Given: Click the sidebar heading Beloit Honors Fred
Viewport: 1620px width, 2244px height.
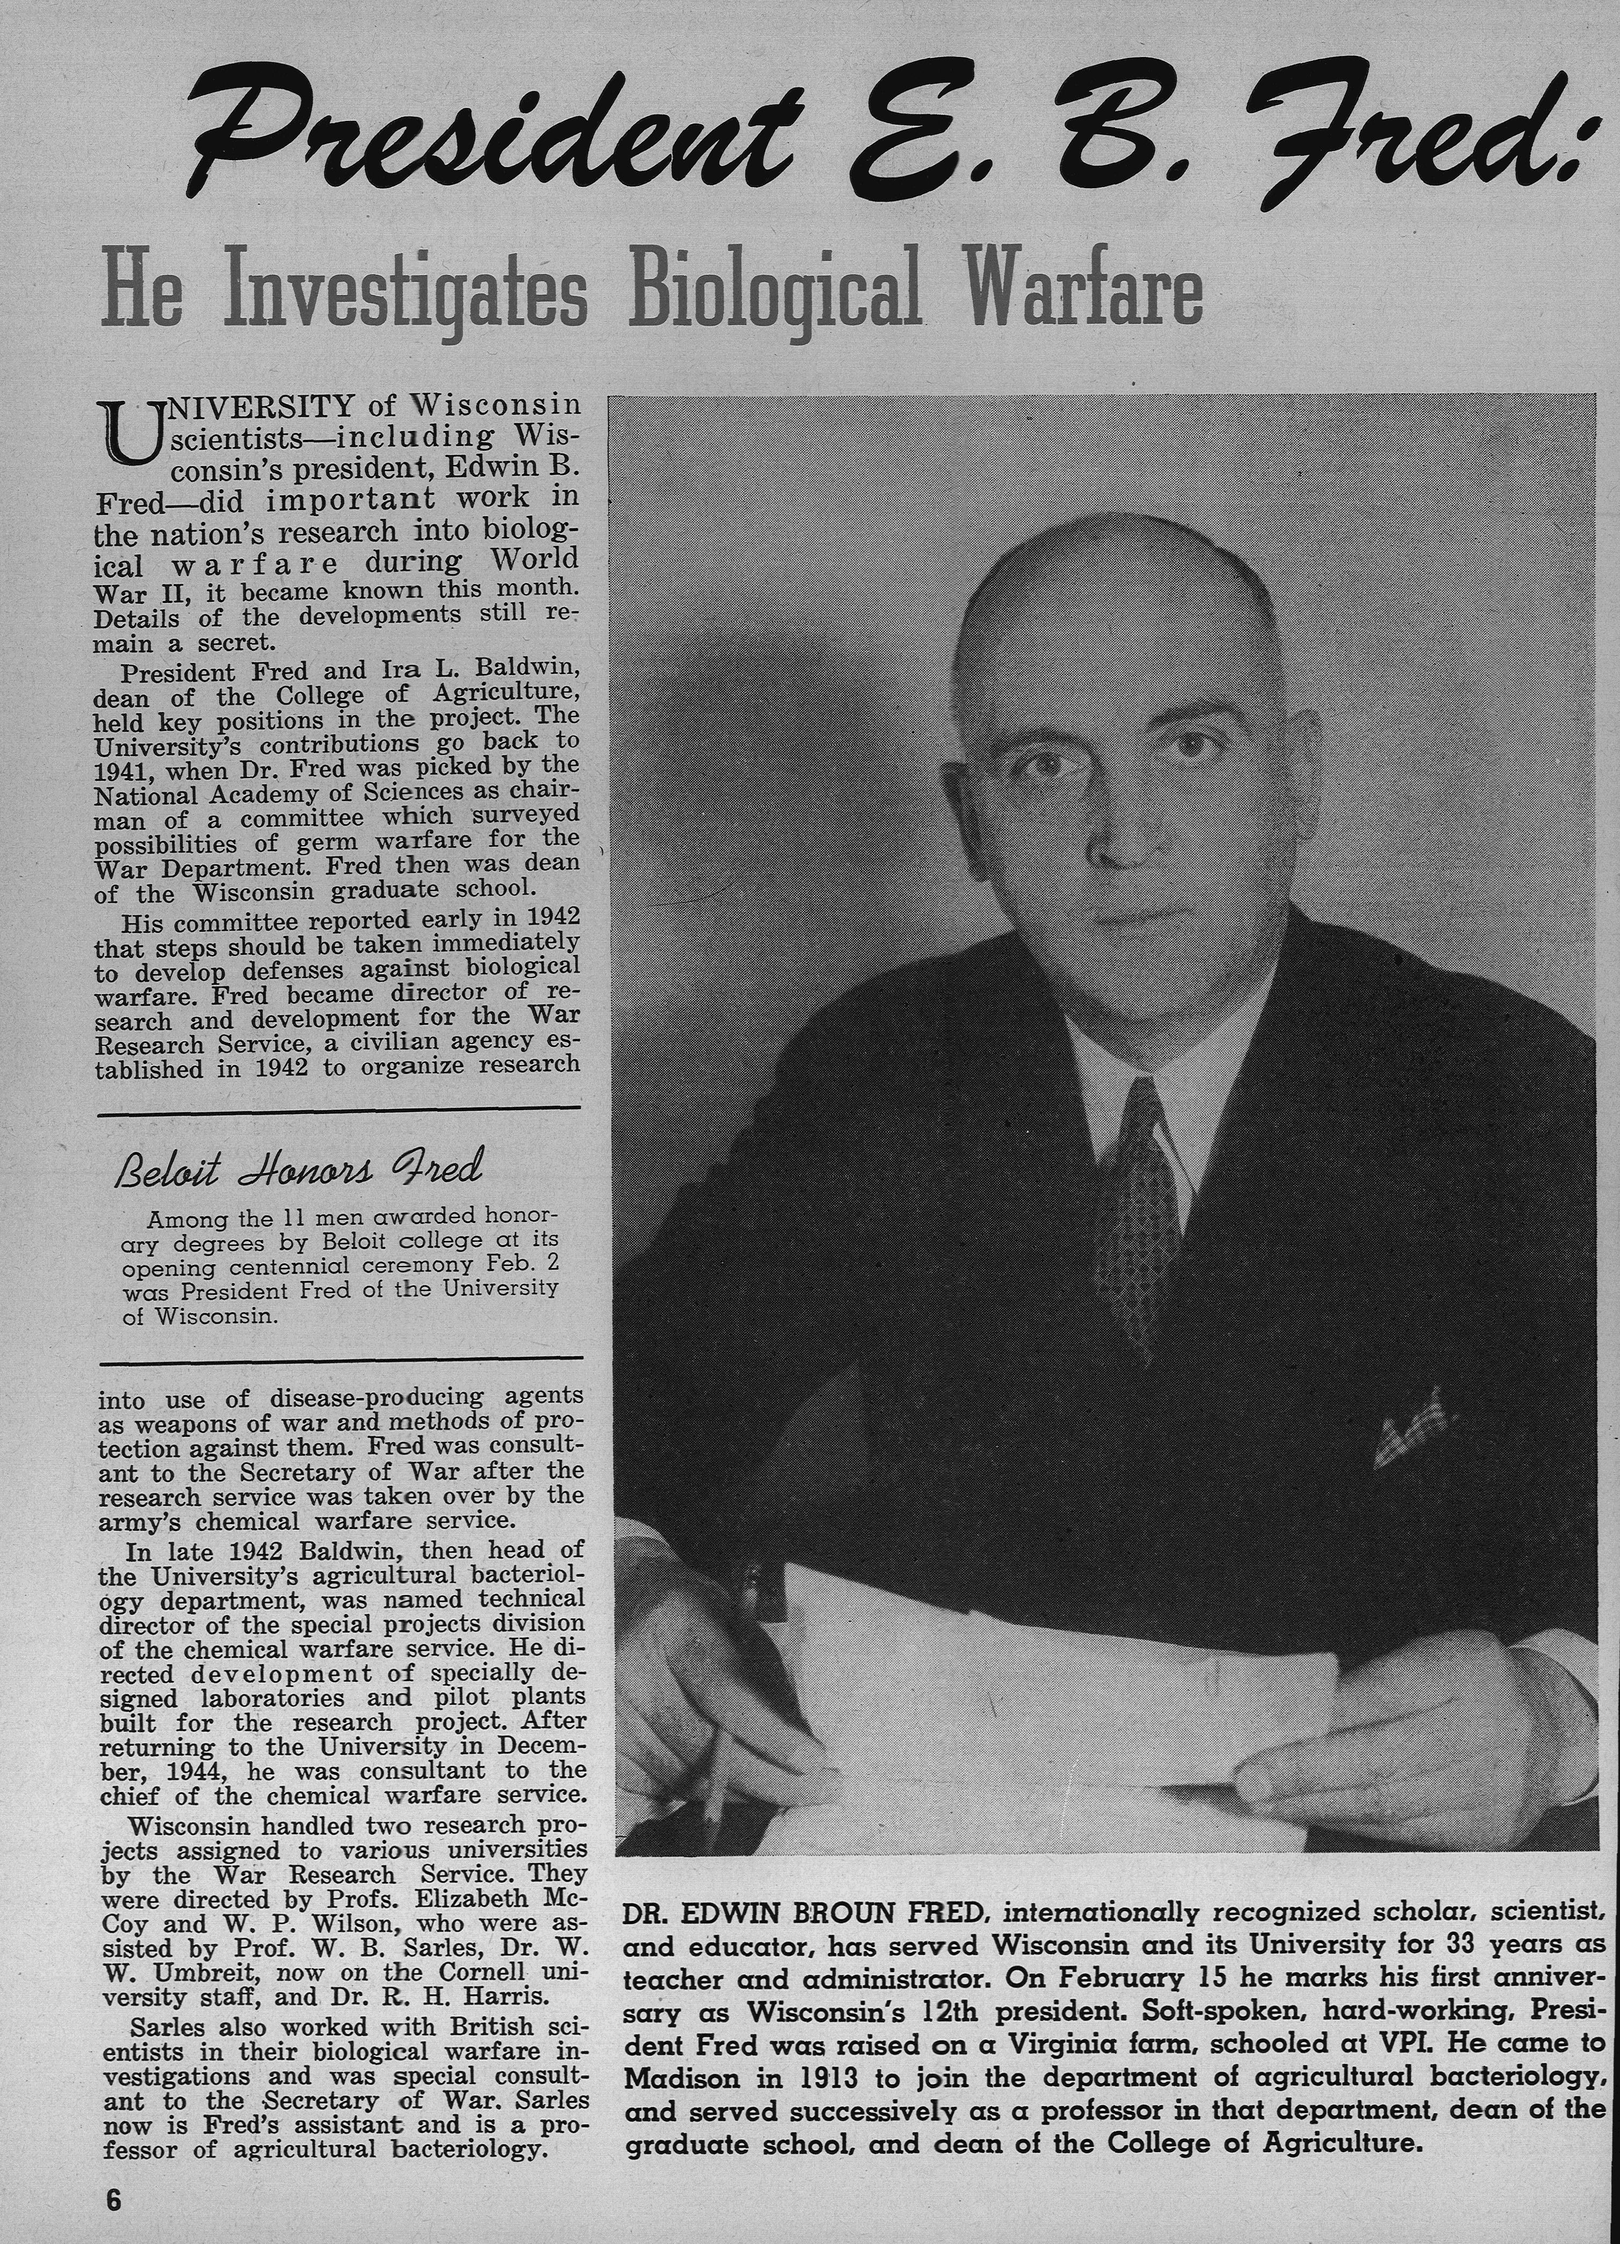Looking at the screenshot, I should pyautogui.click(x=299, y=1169).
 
